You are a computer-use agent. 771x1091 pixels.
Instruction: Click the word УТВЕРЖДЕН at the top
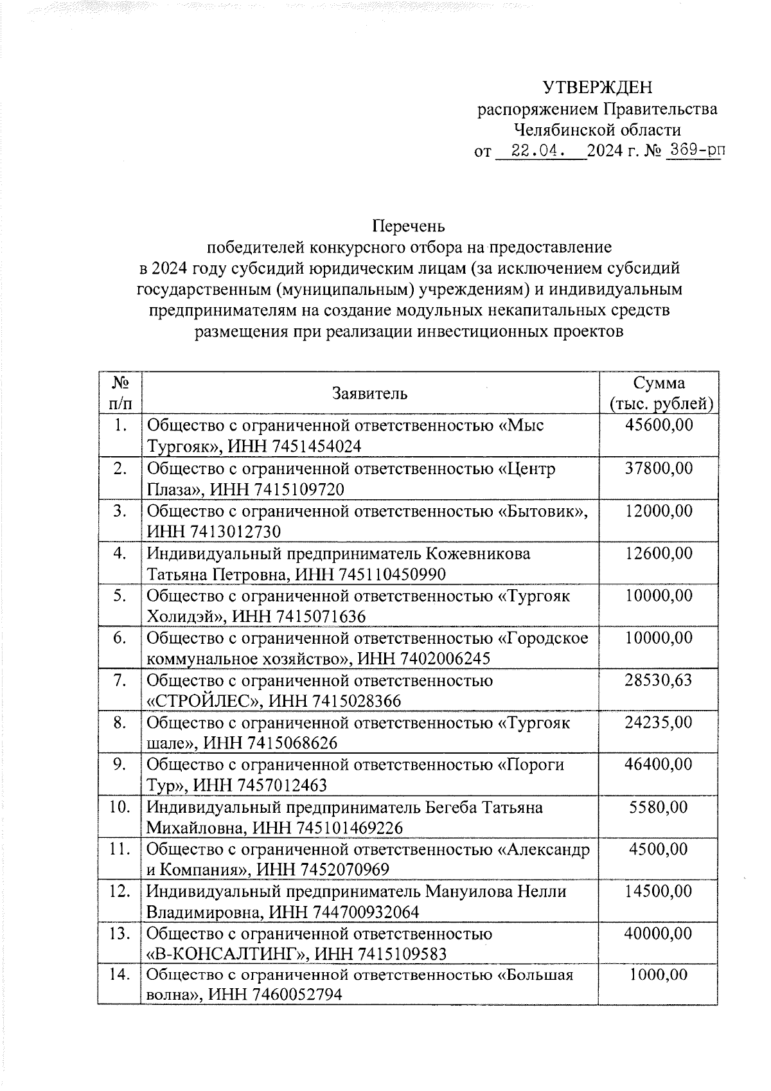click(x=597, y=87)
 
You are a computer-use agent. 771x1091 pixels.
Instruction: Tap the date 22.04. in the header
click(x=538, y=152)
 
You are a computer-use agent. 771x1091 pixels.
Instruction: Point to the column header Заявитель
click(x=369, y=393)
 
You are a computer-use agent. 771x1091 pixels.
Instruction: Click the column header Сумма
click(x=659, y=384)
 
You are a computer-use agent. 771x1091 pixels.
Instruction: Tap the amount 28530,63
click(x=659, y=680)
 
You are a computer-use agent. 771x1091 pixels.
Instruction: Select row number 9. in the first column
click(x=119, y=765)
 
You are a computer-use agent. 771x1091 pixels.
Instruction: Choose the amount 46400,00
click(x=659, y=765)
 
